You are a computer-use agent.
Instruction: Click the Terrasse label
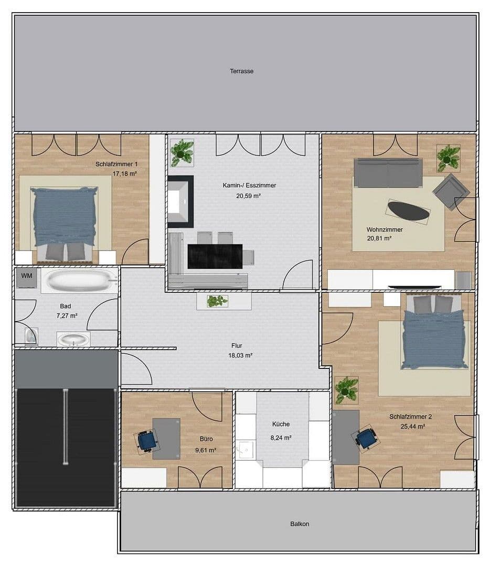(241, 71)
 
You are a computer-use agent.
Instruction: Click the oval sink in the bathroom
(73, 339)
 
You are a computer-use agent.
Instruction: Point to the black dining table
(215, 256)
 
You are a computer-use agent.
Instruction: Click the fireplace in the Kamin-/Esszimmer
(180, 201)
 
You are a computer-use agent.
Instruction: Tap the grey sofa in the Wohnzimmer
(388, 172)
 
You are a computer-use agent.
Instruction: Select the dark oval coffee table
(409, 211)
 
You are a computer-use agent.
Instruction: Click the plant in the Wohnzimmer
(449, 157)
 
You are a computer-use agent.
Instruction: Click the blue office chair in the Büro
(147, 440)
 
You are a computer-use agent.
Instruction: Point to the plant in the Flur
(217, 301)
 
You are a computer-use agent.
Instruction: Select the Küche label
(281, 424)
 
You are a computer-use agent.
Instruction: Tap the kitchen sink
(246, 449)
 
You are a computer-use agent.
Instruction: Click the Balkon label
(300, 524)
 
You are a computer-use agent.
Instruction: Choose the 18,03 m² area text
(242, 355)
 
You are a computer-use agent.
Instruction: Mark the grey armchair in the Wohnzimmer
(450, 192)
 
